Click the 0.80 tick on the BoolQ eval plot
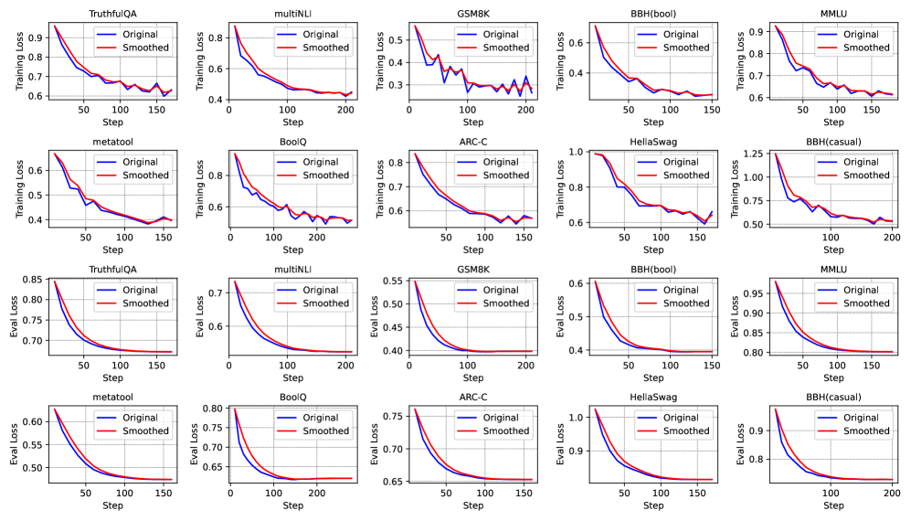pyautogui.click(x=207, y=409)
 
